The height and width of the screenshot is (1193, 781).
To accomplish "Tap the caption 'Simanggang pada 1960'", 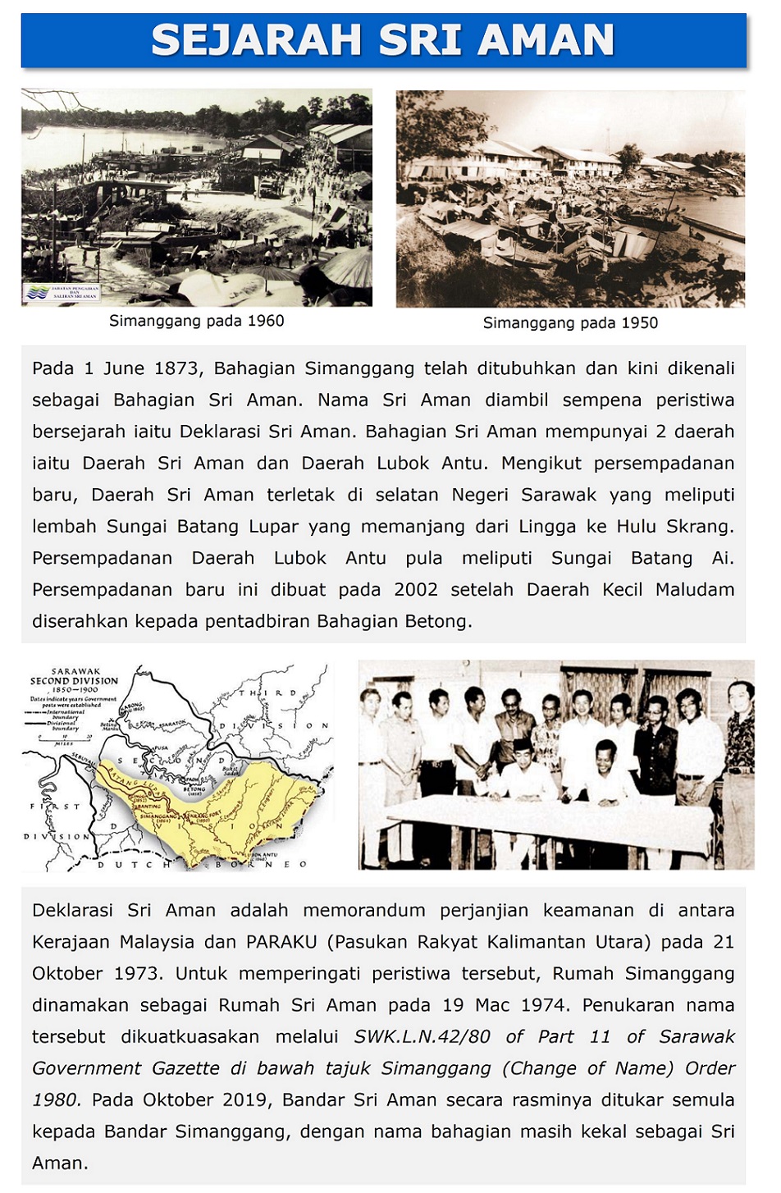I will coord(197,321).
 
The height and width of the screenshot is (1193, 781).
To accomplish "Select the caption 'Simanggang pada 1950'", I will coord(570,322).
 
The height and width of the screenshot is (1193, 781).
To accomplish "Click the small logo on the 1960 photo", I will coord(62,292).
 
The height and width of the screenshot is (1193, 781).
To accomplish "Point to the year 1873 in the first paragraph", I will coord(177,368).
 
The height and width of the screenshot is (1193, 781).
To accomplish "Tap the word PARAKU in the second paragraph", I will coord(281,942).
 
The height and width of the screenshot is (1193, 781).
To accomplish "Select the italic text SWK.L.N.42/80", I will coord(422,1036).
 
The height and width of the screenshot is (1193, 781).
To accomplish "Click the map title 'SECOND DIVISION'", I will coord(74,681).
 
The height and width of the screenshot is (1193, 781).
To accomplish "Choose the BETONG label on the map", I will coord(194,789).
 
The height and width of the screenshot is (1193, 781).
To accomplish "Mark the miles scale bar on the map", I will coord(63,738).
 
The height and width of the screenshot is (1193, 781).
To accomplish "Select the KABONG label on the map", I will coord(131,706).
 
